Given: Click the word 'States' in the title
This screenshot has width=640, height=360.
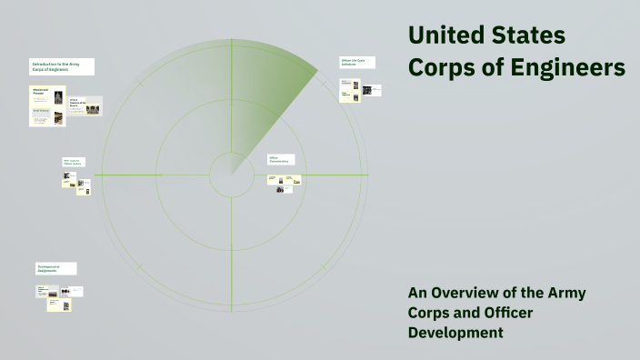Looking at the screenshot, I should [x=530, y=35].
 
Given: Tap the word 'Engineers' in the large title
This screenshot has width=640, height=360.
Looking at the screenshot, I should [x=566, y=68].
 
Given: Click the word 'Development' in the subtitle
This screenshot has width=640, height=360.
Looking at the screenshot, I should [x=455, y=333].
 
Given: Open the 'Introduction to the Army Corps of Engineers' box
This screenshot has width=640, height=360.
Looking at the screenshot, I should [x=62, y=66].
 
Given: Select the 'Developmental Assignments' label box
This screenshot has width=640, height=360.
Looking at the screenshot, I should [x=56, y=269].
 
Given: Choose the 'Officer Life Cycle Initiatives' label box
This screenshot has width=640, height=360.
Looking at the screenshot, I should [x=357, y=63].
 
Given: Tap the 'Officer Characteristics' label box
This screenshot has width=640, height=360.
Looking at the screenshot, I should [x=281, y=159].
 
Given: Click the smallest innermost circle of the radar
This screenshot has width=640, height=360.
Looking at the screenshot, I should [x=231, y=174].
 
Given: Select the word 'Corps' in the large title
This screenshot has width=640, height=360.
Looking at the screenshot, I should [x=445, y=68].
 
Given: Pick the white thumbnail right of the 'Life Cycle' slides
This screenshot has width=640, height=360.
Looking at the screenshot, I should [x=375, y=89].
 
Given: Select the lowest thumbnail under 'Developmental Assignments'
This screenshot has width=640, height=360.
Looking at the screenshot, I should [x=66, y=305].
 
